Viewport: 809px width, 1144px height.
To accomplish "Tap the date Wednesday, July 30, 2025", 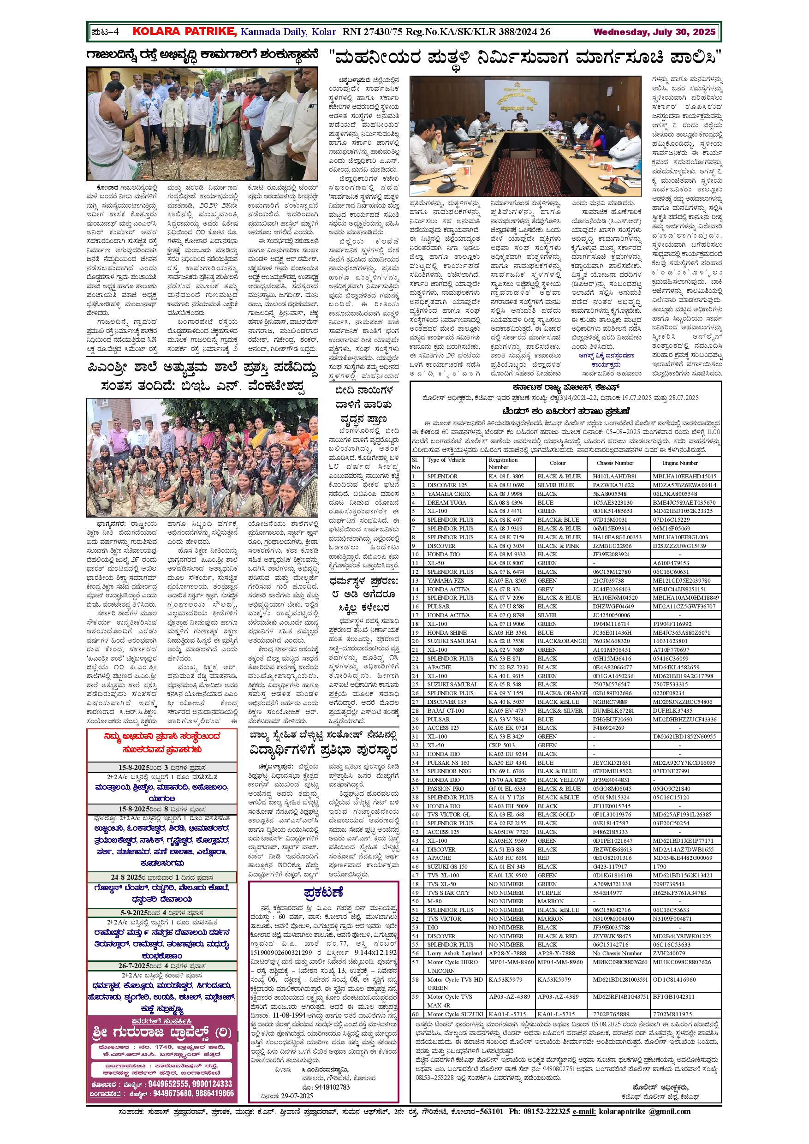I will [x=654, y=32].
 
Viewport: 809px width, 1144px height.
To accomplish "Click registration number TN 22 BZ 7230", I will [x=508, y=667].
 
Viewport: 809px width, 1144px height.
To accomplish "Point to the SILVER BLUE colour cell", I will [x=555, y=485].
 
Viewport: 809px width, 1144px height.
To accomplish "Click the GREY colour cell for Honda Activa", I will [x=546, y=589].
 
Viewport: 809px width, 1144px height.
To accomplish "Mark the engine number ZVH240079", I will [x=669, y=953].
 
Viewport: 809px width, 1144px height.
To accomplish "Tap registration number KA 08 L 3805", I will [x=506, y=477].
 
